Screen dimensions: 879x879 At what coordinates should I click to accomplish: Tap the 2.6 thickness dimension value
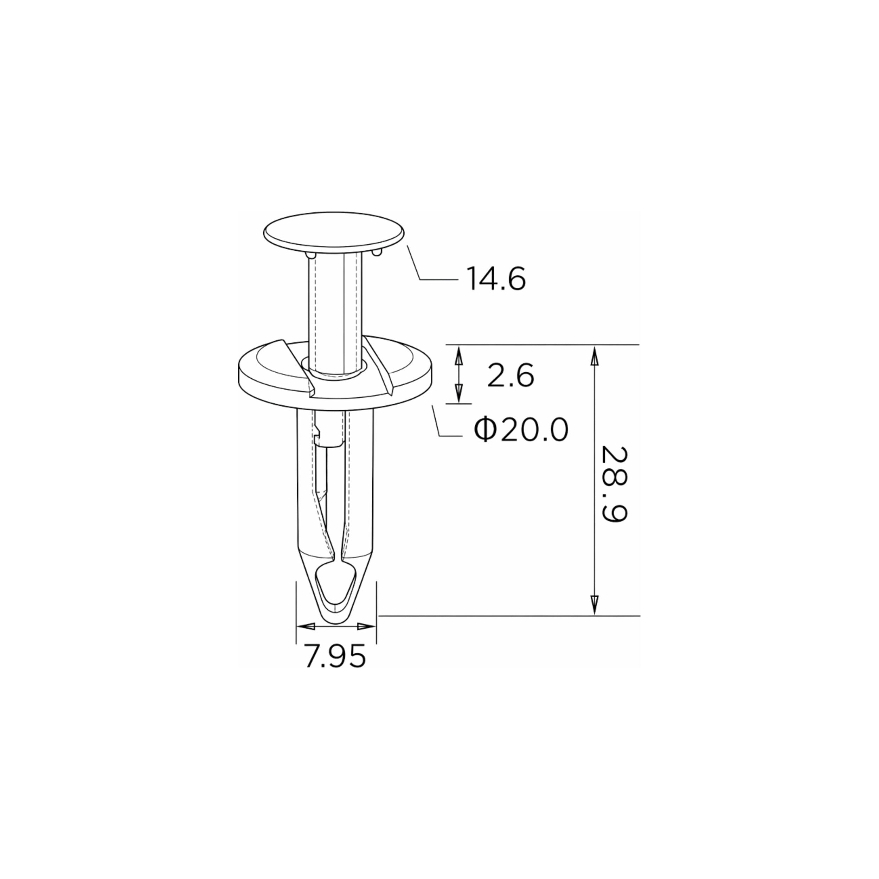[x=511, y=376]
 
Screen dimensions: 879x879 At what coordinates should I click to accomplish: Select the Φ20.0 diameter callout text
[x=521, y=430]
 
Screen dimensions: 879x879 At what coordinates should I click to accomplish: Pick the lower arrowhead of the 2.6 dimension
[x=458, y=393]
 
